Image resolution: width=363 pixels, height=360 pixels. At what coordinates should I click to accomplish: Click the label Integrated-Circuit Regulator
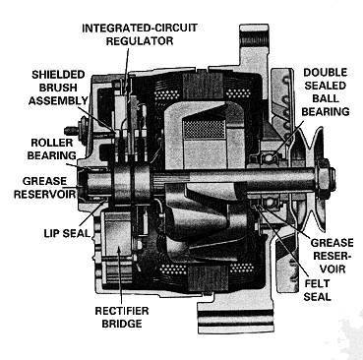(x=140, y=34)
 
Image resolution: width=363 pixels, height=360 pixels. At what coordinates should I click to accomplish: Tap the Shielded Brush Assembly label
(x=58, y=88)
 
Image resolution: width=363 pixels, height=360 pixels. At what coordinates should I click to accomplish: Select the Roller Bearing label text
(x=51, y=150)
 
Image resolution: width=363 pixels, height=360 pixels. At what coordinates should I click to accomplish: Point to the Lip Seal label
(x=67, y=233)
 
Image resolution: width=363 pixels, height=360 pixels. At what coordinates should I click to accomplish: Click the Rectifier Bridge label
(x=122, y=317)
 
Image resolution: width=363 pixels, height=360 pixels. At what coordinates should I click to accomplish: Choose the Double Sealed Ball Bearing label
(x=326, y=92)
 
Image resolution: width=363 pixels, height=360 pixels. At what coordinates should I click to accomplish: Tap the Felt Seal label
(x=317, y=290)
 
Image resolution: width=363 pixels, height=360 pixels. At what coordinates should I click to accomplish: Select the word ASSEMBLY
(x=58, y=100)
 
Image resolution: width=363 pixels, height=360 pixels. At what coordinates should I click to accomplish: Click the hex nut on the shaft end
(x=325, y=174)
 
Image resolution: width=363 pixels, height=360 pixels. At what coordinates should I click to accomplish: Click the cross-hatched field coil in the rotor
(x=204, y=129)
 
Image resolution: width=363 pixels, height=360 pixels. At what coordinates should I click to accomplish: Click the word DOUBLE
(x=326, y=73)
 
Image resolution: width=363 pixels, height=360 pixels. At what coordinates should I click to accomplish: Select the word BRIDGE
(x=122, y=324)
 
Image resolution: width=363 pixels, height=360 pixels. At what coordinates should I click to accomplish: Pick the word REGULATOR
(x=140, y=41)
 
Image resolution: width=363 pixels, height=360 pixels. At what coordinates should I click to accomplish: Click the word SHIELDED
(x=58, y=75)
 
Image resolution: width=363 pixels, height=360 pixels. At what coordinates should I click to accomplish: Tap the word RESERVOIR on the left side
(x=45, y=194)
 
